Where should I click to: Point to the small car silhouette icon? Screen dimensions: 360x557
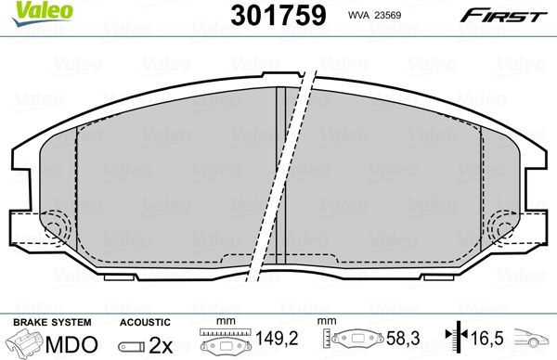point(536,341)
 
